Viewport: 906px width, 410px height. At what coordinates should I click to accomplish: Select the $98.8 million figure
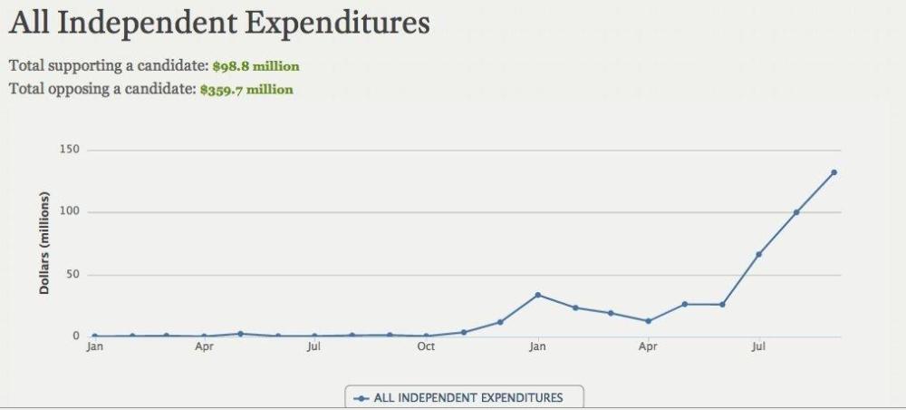pos(255,66)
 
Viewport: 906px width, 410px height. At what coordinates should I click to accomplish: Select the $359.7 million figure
pos(246,90)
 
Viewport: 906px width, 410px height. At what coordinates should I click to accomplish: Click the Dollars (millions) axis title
pos(43,243)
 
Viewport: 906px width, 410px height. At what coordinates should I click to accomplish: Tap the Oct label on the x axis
pos(426,347)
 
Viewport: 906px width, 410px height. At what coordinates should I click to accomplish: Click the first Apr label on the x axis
pos(204,347)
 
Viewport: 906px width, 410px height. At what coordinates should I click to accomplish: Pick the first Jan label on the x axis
pos(94,347)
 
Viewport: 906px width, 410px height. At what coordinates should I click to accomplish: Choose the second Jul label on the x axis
pos(758,347)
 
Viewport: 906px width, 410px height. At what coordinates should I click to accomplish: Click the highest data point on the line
pos(834,172)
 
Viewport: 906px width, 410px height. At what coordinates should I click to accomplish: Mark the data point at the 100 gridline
pos(796,212)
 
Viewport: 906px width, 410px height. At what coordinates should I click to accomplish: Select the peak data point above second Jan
pos(537,295)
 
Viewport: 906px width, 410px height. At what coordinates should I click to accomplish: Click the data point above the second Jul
pos(758,254)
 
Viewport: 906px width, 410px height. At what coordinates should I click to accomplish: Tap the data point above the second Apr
pos(648,321)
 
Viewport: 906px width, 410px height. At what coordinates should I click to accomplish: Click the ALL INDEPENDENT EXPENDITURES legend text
pos(467,397)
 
